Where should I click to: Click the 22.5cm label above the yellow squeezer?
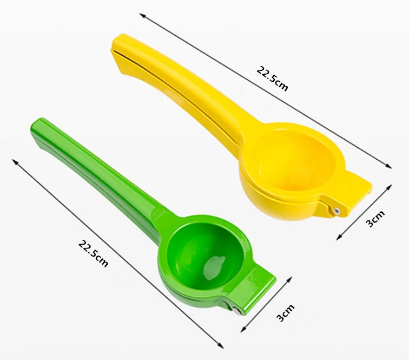272,78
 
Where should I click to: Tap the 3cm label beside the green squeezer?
285,312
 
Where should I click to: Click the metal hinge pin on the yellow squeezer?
337,210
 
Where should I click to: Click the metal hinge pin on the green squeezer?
236,311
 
